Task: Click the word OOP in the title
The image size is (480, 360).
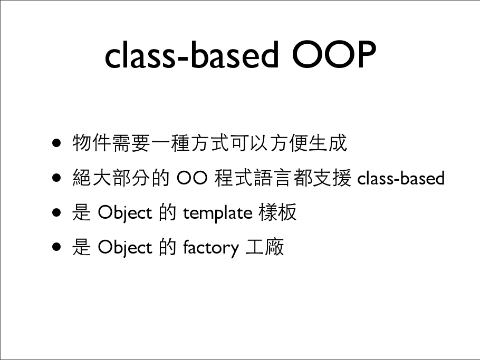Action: coord(334,54)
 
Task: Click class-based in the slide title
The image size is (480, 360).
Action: coord(191,54)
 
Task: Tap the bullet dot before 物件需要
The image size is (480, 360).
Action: coord(56,143)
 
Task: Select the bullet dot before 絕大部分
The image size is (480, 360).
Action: coord(56,178)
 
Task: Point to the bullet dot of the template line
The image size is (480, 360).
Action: coord(56,212)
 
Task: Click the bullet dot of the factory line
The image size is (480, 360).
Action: coord(56,247)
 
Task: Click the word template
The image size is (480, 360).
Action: coord(218,213)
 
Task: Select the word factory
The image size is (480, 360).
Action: coord(211,248)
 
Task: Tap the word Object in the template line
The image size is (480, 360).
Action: coord(125,213)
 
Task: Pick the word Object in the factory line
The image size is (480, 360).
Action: coord(125,248)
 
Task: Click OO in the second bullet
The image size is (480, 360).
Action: coord(192,178)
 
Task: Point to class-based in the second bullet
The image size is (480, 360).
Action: coord(401,178)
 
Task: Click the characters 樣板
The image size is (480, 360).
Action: coord(277,212)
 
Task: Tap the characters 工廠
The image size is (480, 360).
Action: coord(265,247)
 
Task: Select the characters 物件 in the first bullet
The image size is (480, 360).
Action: coord(92,143)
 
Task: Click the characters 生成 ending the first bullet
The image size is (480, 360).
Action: coord(328,143)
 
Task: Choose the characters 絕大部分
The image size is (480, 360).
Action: coord(111,178)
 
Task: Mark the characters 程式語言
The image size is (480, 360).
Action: coord(253,178)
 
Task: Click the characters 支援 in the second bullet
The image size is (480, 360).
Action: coord(332,178)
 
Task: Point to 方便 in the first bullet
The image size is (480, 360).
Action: coord(289,143)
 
